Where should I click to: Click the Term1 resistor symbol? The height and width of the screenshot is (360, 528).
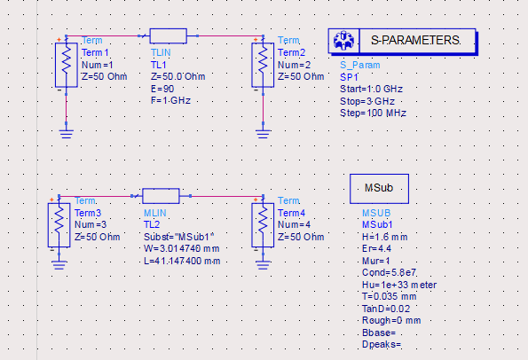click(x=67, y=65)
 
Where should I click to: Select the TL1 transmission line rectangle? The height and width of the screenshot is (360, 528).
click(x=168, y=36)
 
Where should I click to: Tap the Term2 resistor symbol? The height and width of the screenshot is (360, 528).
click(x=263, y=65)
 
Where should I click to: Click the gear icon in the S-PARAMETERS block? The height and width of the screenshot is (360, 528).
click(x=343, y=41)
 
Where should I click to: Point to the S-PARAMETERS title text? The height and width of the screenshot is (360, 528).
click(x=415, y=41)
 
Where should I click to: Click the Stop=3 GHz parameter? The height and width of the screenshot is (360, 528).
click(x=367, y=101)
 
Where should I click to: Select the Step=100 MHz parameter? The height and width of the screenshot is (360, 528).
click(x=373, y=113)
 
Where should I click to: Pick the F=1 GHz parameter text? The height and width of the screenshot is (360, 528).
click(x=170, y=100)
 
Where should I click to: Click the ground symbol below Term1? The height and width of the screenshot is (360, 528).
click(x=67, y=134)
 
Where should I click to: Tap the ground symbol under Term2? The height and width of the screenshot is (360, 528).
click(x=263, y=134)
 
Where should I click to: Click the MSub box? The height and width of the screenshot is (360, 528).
click(x=379, y=189)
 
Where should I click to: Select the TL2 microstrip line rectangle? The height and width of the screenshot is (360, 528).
click(x=161, y=196)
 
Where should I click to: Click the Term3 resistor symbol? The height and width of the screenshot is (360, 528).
click(x=59, y=225)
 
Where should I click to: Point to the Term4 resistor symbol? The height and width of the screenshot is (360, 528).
click(x=263, y=225)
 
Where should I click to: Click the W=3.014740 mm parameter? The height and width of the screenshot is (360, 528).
click(x=182, y=248)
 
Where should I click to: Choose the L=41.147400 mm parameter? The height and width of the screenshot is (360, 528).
click(x=182, y=261)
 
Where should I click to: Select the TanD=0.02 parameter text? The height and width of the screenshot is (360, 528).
click(x=386, y=309)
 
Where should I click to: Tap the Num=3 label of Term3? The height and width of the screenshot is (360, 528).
click(x=89, y=224)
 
